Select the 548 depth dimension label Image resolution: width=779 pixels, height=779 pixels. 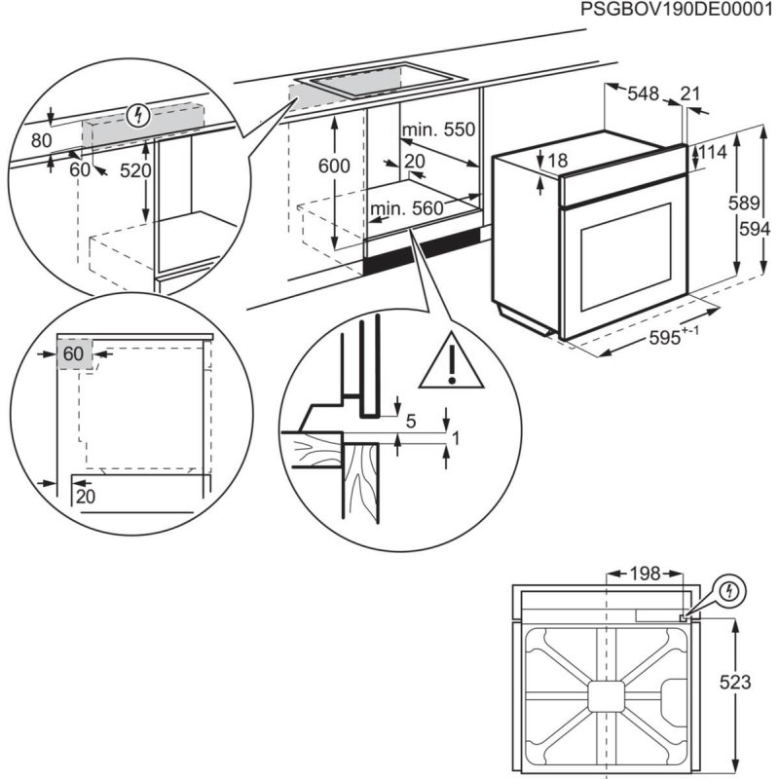[x=643, y=93]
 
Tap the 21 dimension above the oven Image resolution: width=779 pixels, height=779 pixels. [x=690, y=93]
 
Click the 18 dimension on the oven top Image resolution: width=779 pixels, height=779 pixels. [x=557, y=161]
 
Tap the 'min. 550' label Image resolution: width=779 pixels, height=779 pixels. [x=438, y=130]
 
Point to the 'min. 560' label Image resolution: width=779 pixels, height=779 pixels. [x=406, y=207]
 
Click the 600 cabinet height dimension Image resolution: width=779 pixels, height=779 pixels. [x=334, y=167]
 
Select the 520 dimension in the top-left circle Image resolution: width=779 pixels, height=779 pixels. [x=135, y=170]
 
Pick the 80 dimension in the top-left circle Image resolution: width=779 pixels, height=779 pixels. [x=40, y=140]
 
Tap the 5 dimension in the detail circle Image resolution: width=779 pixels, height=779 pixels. [x=410, y=421]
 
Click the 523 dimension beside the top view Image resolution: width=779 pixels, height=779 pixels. [x=738, y=683]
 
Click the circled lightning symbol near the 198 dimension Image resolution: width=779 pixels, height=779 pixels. [x=729, y=590]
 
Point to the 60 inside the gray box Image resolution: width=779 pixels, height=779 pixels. [x=74, y=354]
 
